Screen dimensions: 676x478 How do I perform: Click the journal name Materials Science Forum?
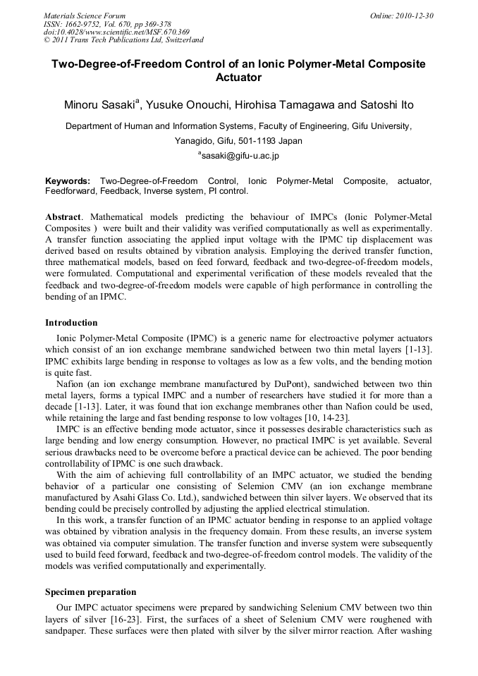[x=85, y=15]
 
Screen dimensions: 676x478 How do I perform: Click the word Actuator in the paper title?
[x=238, y=77]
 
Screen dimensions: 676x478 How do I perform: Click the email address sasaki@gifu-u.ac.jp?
[x=240, y=155]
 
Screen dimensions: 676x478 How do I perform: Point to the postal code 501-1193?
[x=257, y=140]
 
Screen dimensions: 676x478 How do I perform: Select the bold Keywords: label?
[x=68, y=181]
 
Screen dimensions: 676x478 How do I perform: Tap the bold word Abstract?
[x=63, y=216]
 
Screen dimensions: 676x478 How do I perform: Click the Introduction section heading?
[x=71, y=322]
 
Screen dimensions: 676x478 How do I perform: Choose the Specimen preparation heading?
[x=91, y=592]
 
